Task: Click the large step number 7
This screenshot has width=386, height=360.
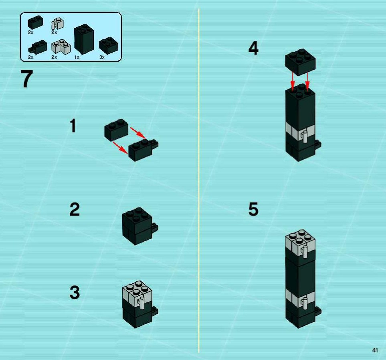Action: point(26,79)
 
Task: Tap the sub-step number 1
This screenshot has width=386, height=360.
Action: point(73,126)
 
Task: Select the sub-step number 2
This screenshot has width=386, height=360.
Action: point(75,209)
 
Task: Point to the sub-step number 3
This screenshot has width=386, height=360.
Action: point(75,292)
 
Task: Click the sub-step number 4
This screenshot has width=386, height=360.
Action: point(253,48)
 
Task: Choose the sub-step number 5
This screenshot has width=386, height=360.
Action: point(253,209)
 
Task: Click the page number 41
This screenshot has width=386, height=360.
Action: point(375,350)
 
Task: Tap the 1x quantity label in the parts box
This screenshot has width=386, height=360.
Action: point(77,57)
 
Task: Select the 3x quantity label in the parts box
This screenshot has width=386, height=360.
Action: point(102,57)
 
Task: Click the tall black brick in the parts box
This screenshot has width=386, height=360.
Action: point(84,39)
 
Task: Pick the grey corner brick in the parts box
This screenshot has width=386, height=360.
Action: point(61,47)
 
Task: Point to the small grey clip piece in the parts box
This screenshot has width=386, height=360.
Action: point(57,23)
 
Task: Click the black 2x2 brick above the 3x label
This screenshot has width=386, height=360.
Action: point(109,46)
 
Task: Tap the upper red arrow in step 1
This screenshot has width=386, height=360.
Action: point(138,133)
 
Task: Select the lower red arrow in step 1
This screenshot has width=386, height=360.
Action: point(120,148)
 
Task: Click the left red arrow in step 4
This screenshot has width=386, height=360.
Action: point(293,81)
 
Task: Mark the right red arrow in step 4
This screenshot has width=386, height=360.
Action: point(307,81)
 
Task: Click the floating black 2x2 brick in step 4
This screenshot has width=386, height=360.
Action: point(300,62)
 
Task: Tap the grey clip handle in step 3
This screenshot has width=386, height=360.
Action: point(141,303)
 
